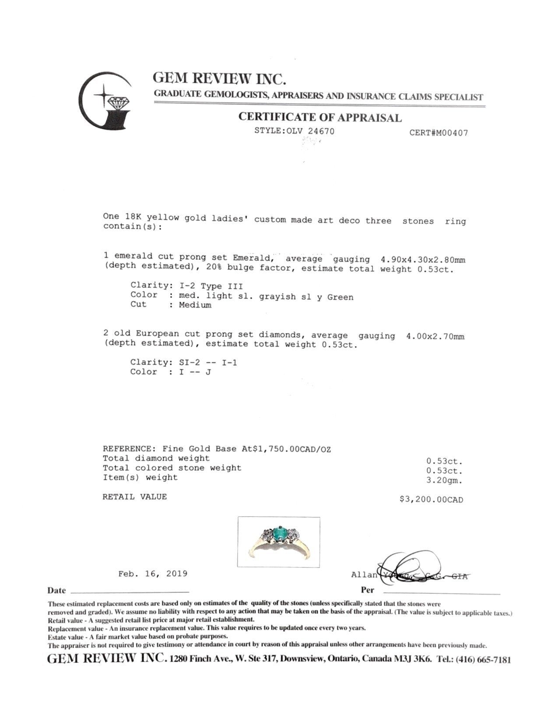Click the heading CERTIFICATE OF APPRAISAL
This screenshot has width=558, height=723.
tap(319, 117)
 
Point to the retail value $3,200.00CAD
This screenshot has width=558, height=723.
tap(431, 500)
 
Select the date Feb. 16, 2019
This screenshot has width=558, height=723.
tap(153, 574)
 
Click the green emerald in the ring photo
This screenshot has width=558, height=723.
tap(278, 535)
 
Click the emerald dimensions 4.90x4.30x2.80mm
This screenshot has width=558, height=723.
tap(423, 260)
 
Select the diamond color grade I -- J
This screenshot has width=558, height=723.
tap(195, 372)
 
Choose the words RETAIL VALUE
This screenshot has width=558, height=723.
tap(135, 497)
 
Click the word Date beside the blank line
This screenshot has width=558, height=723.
tap(57, 591)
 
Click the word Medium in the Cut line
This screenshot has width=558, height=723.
tap(195, 305)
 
